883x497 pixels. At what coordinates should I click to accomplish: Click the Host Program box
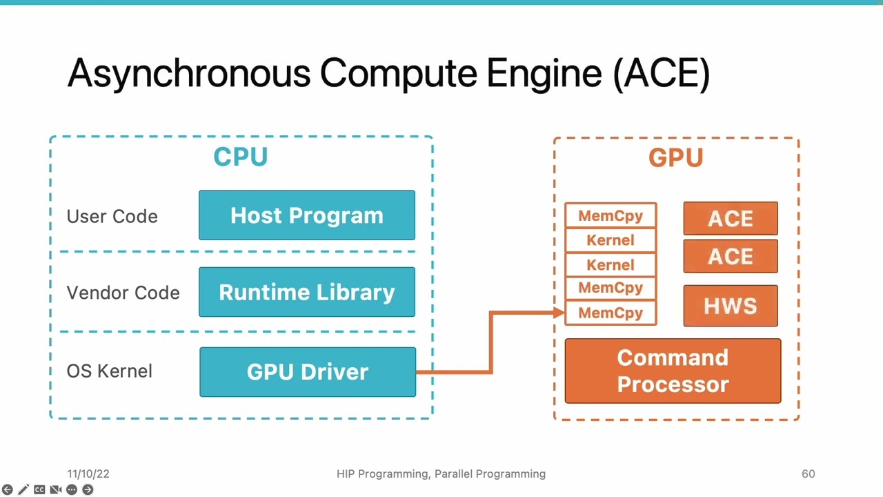(x=307, y=215)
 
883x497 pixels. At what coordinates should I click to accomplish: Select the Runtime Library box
(x=307, y=292)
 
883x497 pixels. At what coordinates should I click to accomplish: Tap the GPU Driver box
(x=308, y=372)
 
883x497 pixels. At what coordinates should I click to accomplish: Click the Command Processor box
(x=673, y=371)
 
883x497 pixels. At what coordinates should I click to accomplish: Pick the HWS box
(x=731, y=306)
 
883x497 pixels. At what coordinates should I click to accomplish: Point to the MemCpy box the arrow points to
(x=611, y=313)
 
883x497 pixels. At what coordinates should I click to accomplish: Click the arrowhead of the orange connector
(x=559, y=313)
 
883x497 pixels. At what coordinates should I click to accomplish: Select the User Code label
(x=112, y=216)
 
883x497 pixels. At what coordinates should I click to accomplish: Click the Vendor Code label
(x=123, y=293)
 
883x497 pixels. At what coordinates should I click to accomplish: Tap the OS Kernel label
(x=109, y=371)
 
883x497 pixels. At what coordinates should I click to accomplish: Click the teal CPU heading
(x=240, y=157)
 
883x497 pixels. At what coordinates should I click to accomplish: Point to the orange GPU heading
(x=675, y=158)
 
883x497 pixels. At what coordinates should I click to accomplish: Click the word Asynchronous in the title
(x=188, y=73)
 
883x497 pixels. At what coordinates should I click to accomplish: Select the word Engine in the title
(x=544, y=73)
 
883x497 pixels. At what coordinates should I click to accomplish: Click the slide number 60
(x=808, y=474)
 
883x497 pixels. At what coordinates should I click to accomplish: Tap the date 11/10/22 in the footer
(x=88, y=474)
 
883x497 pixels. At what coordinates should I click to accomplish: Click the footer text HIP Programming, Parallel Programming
(x=441, y=474)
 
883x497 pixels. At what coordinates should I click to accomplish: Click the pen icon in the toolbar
(x=23, y=489)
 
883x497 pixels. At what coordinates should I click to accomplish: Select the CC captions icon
(x=39, y=489)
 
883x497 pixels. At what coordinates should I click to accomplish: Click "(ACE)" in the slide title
(x=661, y=73)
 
